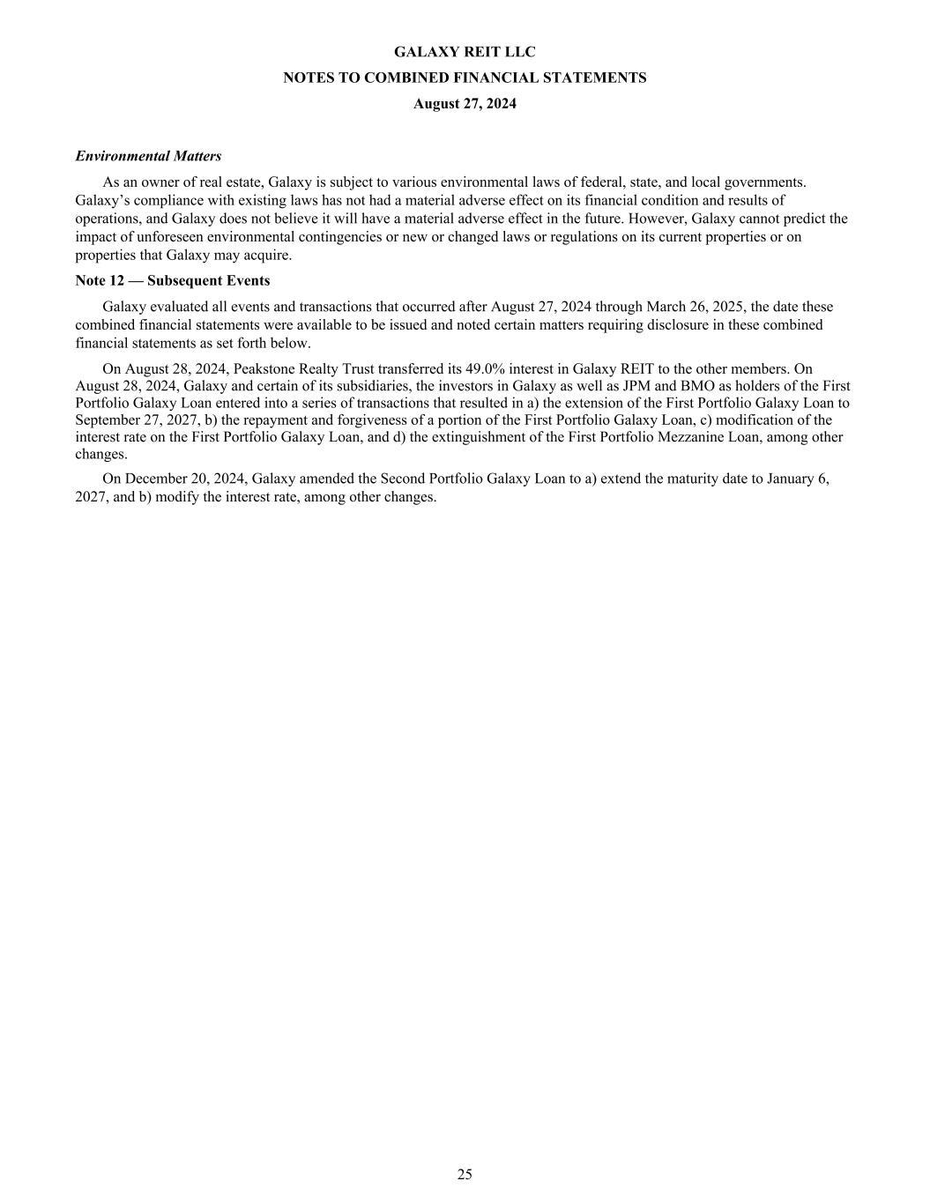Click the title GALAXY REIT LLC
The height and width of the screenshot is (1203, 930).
click(465, 52)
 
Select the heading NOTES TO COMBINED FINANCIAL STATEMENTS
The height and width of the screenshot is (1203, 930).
click(465, 78)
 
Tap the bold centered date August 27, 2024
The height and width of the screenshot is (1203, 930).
click(465, 104)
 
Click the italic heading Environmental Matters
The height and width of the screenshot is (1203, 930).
click(148, 156)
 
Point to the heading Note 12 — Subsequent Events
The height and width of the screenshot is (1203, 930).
click(173, 280)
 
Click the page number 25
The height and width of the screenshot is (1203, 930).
click(465, 1174)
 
